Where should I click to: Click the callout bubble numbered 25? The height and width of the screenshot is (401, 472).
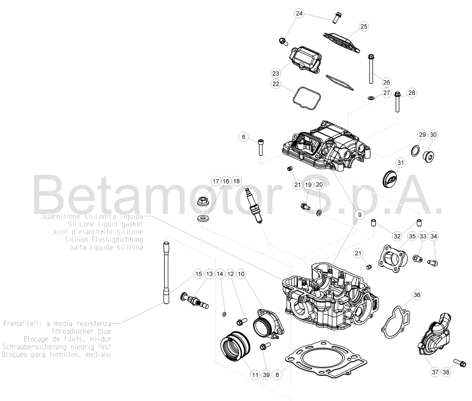pos(364,26)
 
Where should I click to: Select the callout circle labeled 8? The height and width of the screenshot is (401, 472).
pos(277,375)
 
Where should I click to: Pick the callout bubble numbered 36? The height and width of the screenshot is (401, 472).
pos(417,295)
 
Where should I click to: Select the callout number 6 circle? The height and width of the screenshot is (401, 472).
pos(243,137)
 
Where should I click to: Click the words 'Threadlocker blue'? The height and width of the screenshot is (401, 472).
pos(81,331)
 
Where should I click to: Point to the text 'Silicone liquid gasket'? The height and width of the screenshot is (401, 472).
pos(105,224)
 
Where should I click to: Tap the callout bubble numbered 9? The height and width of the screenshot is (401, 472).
pos(359,215)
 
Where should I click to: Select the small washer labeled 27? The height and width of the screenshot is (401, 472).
pos(371,98)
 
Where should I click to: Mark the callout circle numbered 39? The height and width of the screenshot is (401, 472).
pos(266,375)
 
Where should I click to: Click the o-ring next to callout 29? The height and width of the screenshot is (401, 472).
pos(415,151)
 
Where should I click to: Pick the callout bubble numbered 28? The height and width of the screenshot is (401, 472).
pos(411,93)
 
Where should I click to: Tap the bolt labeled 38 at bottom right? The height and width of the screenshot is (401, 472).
pos(460,363)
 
